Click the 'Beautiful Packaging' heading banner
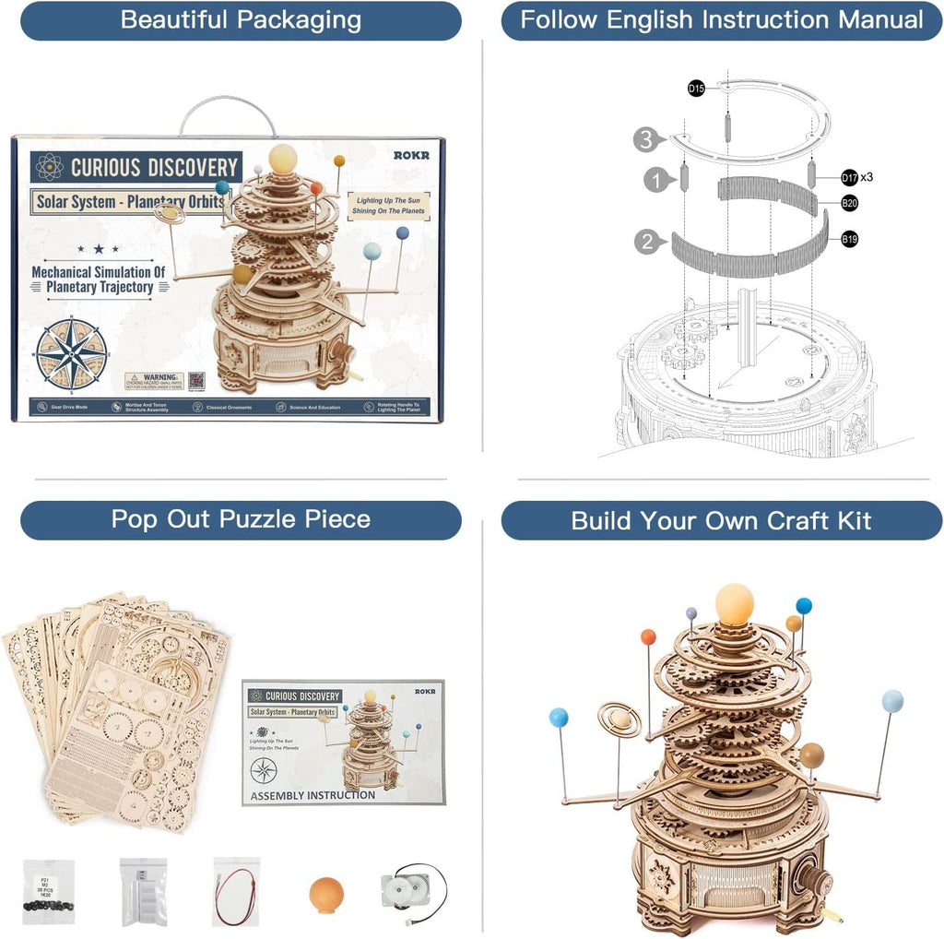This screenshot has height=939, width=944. point(241,20)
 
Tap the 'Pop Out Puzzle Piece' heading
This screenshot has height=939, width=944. point(241,519)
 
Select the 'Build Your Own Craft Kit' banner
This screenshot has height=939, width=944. point(721,520)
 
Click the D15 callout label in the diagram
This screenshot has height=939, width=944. point(696,89)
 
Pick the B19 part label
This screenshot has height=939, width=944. point(849,239)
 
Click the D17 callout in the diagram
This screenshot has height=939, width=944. point(849,176)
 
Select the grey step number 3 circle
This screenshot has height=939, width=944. point(647,141)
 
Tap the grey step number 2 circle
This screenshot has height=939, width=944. point(647,243)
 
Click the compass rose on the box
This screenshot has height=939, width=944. point(71,353)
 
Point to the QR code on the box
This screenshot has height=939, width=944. point(196,380)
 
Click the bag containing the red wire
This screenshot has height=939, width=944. point(236,890)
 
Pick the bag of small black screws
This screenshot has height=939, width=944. point(48,891)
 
